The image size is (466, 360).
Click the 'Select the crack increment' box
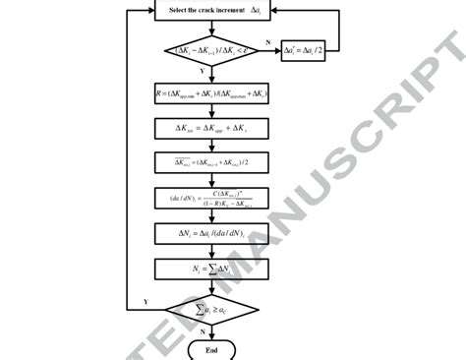coord(210,9)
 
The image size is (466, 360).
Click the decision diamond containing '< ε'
coord(210,51)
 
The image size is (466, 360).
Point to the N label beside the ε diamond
coord(268,41)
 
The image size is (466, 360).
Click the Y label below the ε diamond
coord(203,72)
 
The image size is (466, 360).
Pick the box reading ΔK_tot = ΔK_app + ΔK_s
coord(210,129)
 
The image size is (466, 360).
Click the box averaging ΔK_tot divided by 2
coord(210,163)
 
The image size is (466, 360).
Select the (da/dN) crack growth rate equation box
coord(210,200)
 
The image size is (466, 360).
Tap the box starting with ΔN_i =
coord(210,234)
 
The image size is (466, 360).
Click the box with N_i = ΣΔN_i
coord(210,269)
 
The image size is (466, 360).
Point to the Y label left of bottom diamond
coord(146,300)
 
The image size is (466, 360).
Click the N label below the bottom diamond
coord(203,332)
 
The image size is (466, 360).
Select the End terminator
coord(210,350)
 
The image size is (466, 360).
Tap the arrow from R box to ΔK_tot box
coord(210,111)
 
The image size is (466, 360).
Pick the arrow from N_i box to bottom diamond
coord(210,285)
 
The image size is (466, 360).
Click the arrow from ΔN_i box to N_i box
coord(210,252)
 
